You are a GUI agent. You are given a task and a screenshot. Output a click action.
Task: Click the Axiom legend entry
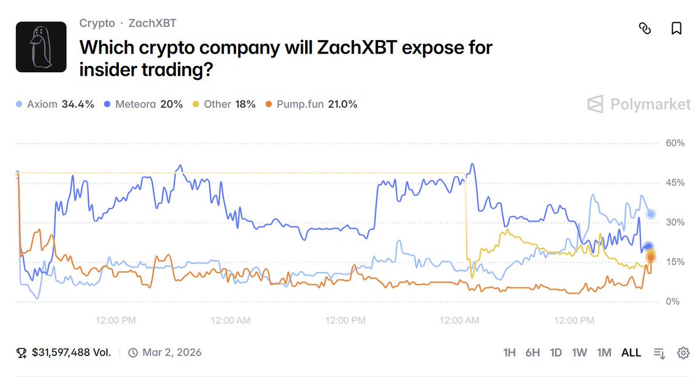click(x=54, y=104)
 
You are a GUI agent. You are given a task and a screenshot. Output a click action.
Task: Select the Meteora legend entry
click(x=143, y=104)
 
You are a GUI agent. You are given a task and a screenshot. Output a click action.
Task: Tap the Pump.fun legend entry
click(x=311, y=104)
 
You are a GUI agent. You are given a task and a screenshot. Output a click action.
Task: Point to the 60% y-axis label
click(x=675, y=143)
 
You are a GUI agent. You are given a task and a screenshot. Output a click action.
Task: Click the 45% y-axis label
click(x=675, y=183)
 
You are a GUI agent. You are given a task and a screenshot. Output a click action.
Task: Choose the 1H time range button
click(x=510, y=353)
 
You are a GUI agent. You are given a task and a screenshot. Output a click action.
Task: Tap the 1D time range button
click(x=556, y=353)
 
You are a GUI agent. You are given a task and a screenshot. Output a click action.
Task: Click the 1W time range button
click(x=580, y=353)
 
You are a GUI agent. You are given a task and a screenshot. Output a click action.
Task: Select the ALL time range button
click(x=631, y=353)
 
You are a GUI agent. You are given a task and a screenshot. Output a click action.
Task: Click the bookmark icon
click(x=676, y=29)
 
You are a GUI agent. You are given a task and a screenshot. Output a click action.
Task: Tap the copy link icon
click(x=645, y=29)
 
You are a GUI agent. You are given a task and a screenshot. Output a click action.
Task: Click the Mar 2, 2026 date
click(x=172, y=353)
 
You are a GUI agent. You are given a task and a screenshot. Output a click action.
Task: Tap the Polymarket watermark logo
click(x=638, y=105)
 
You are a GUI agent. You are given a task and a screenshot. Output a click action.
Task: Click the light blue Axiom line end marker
click(x=651, y=214)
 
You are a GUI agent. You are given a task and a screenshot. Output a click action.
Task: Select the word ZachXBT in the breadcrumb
click(x=152, y=23)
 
